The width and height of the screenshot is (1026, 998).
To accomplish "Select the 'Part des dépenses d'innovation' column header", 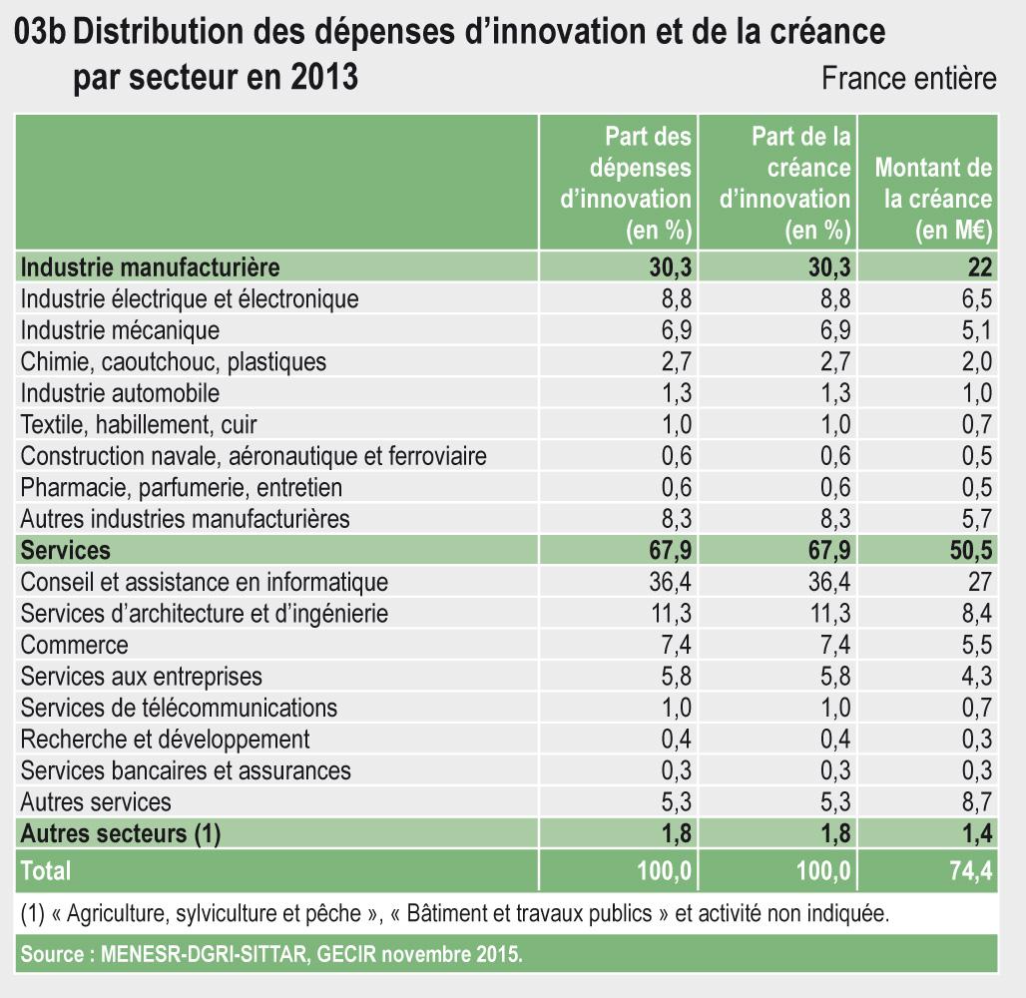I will click(628, 183).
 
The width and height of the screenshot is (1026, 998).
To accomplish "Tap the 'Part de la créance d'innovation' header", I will click(784, 183).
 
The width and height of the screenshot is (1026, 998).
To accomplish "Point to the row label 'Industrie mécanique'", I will click(120, 329).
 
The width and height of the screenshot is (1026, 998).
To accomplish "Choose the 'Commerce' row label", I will click(74, 645).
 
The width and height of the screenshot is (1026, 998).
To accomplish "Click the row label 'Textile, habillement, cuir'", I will click(139, 424).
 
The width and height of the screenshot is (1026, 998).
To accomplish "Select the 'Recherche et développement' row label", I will click(165, 740).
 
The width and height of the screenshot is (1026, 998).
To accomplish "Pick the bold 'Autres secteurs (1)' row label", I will click(120, 834).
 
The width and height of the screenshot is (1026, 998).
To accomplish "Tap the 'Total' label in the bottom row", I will click(46, 870).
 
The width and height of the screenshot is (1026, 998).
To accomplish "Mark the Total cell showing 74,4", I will click(970, 870).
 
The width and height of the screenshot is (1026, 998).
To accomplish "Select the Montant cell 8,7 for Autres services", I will click(974, 802).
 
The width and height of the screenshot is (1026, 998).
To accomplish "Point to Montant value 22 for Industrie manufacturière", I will click(979, 266).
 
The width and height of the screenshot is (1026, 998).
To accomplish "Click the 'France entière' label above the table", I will click(908, 79).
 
